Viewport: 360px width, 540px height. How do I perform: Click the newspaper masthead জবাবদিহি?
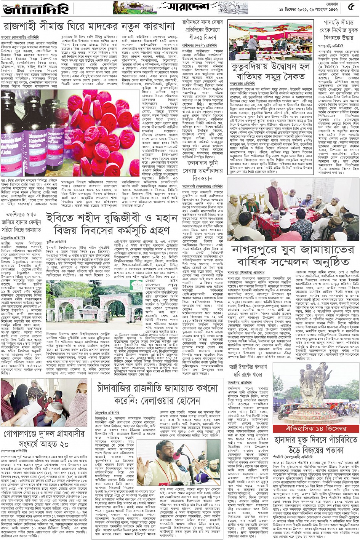(x=30, y=8)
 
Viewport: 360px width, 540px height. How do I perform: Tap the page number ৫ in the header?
(x=352, y=8)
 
